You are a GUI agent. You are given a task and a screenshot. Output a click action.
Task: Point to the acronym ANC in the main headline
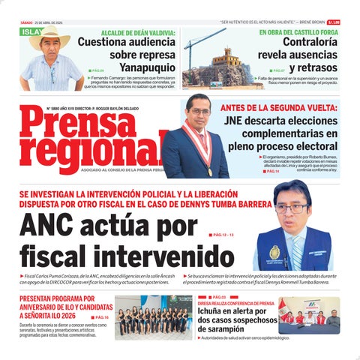(52, 225)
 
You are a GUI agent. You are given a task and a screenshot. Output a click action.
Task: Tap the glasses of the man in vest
(289, 208)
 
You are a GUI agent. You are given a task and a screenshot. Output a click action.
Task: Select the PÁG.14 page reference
(271, 172)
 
